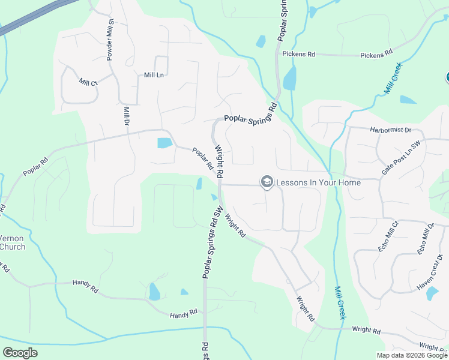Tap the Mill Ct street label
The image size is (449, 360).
(88, 82)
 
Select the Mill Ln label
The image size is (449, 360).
(154, 75)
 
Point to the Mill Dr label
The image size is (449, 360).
(127, 116)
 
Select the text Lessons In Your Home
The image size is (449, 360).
(318, 182)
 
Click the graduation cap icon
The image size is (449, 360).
(267, 182)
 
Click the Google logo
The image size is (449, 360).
(20, 353)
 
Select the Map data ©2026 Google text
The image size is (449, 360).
(412, 355)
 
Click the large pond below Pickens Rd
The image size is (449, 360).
(290, 78)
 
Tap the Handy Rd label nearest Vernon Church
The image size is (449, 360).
(85, 282)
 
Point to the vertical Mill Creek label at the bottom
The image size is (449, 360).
(339, 302)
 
